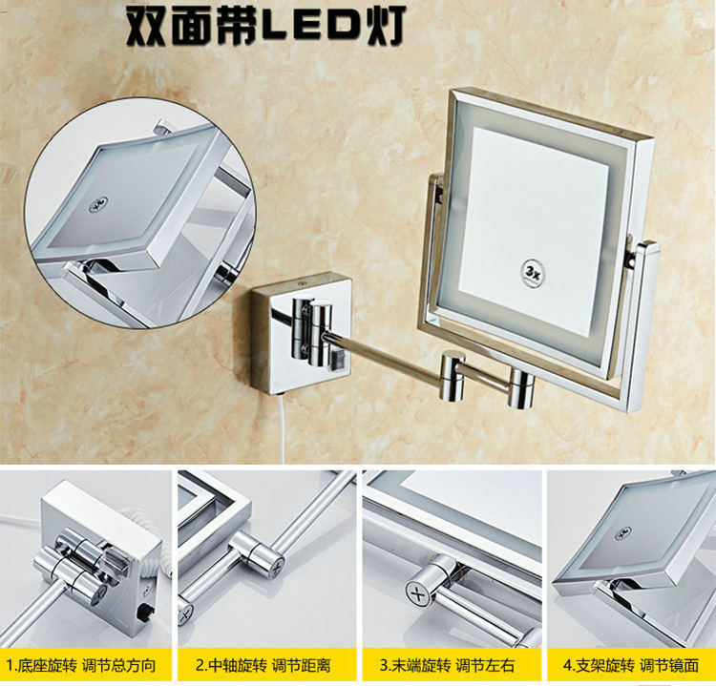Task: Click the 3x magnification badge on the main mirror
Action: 533,274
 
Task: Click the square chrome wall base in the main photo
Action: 301,334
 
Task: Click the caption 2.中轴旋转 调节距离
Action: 264,666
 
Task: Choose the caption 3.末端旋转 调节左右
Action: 448,666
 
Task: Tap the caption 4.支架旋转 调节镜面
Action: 632,666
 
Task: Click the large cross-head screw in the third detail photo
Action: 419,595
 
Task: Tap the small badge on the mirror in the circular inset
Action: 97,203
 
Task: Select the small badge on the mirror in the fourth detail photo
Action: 622,531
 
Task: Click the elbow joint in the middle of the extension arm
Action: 453,375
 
